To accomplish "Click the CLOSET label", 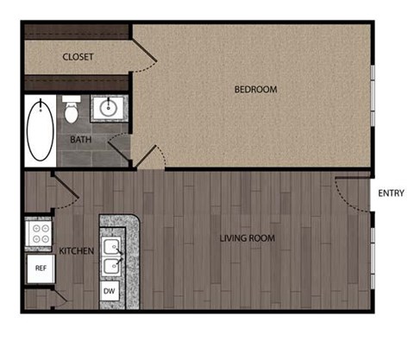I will coord(78,57).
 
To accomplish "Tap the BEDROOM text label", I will coord(255,89).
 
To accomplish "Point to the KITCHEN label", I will coord(76,250).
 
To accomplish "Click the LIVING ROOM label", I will coord(248,239).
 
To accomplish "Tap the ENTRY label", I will coord(391,193).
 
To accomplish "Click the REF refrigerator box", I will coord(40,268).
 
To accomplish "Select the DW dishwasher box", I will coord(110,292).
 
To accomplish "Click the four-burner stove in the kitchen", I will coord(39,232).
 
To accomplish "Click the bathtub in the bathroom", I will coord(40,133).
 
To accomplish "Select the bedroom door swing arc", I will coord(151,157).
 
